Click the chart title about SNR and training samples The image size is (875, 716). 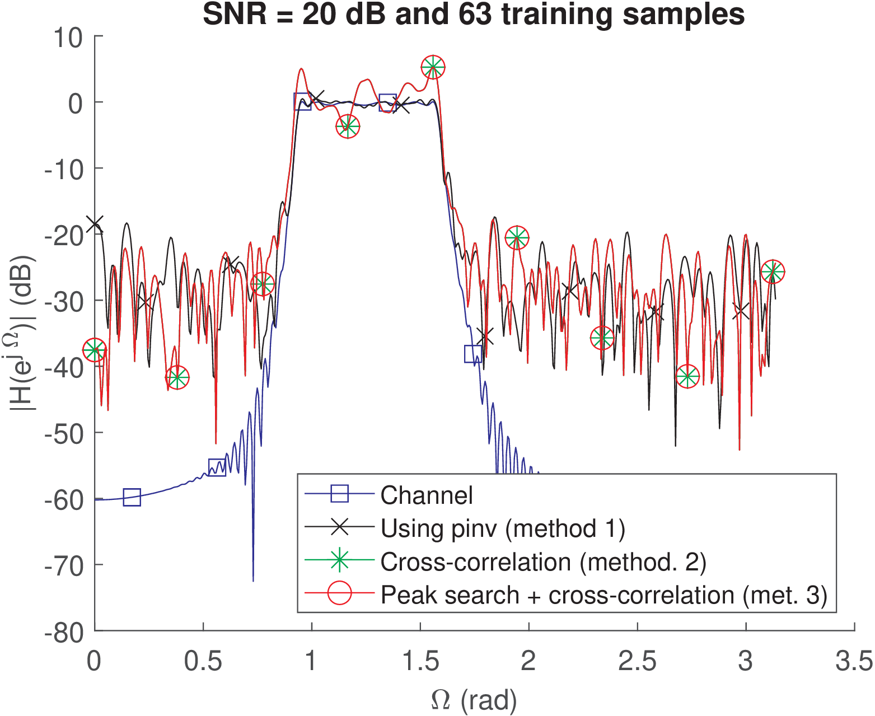(x=473, y=15)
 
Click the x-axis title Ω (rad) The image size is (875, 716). (x=474, y=700)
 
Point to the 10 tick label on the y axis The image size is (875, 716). (x=68, y=38)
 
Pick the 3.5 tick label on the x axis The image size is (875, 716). (x=854, y=661)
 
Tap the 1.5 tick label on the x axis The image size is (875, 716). (x=420, y=661)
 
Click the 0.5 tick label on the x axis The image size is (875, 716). (x=203, y=661)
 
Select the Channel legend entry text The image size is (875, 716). (x=427, y=495)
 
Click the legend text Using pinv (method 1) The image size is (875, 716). (x=503, y=528)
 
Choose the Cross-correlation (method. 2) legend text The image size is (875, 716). (x=543, y=561)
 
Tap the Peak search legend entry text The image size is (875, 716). (x=603, y=595)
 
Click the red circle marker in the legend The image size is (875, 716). (x=339, y=595)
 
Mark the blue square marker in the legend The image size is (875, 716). (x=339, y=494)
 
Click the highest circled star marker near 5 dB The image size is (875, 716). (x=433, y=67)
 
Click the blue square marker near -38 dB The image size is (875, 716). (x=473, y=354)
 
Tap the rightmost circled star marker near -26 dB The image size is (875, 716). (x=773, y=272)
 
